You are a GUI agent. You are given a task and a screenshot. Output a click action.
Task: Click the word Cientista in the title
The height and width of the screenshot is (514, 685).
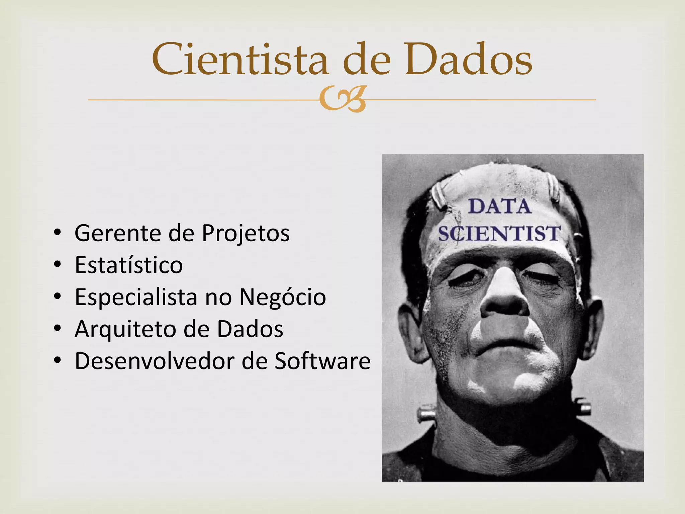[240, 60]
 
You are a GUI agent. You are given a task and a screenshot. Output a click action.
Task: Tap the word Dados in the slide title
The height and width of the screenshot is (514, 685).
[468, 60]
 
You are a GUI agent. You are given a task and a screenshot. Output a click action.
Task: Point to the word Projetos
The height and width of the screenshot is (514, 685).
[246, 234]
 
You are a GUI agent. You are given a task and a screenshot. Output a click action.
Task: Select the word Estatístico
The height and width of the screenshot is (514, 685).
[128, 265]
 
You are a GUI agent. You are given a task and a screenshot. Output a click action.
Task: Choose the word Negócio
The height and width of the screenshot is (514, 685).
[282, 297]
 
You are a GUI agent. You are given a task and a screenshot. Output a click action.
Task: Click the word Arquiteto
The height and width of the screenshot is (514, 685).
[125, 329]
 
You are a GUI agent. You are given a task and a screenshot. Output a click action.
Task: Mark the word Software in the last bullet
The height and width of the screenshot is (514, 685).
[322, 361]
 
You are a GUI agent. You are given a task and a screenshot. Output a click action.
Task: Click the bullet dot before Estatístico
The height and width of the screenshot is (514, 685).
[58, 265]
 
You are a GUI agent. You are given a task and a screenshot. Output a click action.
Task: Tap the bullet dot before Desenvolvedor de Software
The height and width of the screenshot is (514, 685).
[58, 361]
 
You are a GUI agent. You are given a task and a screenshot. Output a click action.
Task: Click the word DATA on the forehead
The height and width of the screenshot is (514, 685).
[499, 206]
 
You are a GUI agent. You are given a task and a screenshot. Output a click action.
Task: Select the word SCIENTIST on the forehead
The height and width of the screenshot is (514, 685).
[499, 233]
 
